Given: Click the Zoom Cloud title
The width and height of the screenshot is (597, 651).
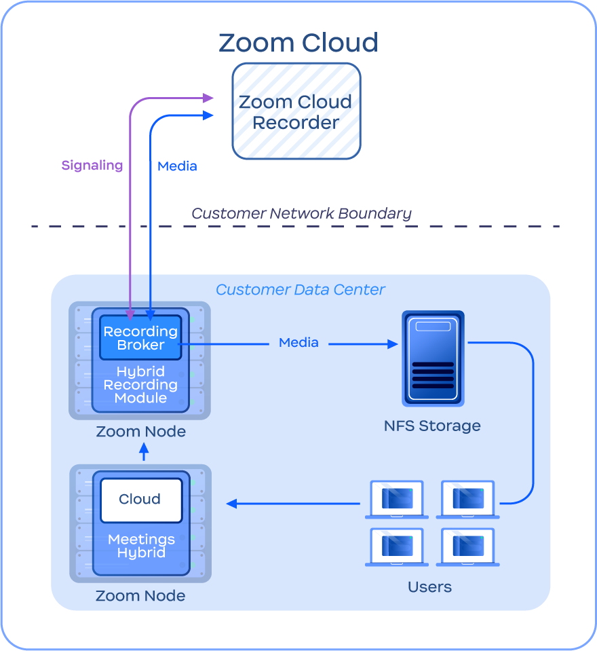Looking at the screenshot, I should click(298, 43).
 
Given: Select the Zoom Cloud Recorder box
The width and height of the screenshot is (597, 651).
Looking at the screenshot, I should click(296, 112).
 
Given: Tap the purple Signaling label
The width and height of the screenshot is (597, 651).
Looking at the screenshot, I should click(92, 165).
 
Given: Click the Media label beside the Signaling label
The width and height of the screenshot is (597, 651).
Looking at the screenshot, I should click(177, 166).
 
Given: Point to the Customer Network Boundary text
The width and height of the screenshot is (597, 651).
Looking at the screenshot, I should click(301, 213).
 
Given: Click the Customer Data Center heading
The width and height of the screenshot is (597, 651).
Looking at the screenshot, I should click(301, 290).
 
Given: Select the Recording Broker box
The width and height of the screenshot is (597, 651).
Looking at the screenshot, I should click(140, 338).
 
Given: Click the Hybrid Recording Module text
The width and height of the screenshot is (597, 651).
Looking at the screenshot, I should click(140, 385).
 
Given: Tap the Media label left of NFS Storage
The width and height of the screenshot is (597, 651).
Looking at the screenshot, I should click(298, 343).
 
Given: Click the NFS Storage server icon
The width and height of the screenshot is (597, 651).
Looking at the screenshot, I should click(433, 358).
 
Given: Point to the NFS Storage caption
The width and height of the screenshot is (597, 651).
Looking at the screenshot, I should click(432, 426).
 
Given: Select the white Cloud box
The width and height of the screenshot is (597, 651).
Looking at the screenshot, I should click(140, 500).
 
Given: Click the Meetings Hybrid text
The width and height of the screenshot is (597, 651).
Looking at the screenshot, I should click(141, 546).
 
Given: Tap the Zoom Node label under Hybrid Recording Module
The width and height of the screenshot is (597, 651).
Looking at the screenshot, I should click(140, 432).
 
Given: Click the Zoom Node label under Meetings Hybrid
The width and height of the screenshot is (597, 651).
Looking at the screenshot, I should click(140, 596).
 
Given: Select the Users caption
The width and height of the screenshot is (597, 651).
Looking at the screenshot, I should click(429, 587).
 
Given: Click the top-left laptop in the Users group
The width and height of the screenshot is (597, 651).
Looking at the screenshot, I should click(397, 500).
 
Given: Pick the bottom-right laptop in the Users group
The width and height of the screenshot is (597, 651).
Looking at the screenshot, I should click(468, 546).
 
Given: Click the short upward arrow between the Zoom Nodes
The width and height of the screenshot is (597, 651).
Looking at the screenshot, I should click(144, 452).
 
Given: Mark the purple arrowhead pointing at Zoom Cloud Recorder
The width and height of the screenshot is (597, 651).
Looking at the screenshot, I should click(209, 98).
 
